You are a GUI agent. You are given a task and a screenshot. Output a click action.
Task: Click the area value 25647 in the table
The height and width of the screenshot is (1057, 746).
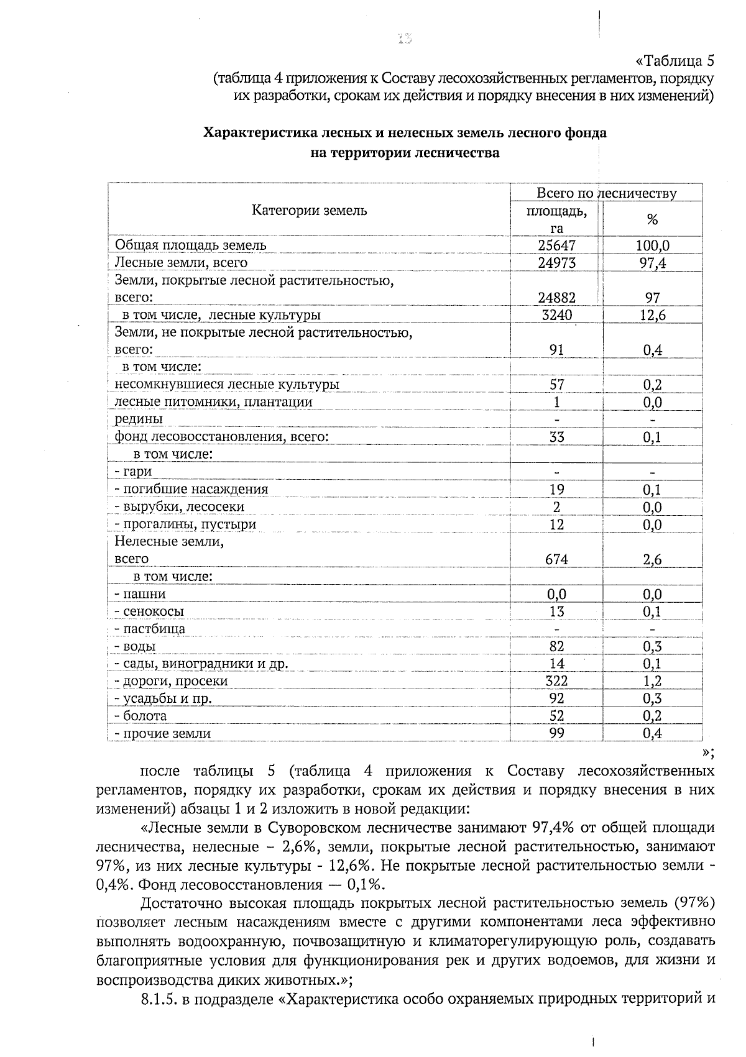[x=556, y=245]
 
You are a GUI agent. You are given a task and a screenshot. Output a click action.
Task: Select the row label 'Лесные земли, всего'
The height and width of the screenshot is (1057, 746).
[x=181, y=263]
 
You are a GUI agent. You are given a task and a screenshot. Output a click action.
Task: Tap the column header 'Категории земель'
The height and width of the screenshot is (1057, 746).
[x=309, y=211]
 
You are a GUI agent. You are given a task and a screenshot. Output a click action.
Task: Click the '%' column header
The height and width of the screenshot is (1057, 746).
[x=652, y=219]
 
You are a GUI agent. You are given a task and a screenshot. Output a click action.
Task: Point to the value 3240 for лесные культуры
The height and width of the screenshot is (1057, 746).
[x=556, y=315]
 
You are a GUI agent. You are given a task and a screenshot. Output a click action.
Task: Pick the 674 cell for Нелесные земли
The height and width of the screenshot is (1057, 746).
[x=556, y=559]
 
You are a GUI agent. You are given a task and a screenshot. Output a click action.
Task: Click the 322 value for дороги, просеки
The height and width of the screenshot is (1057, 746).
[x=556, y=681]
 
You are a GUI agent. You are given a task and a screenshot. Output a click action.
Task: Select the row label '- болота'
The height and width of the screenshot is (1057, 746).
[x=140, y=716]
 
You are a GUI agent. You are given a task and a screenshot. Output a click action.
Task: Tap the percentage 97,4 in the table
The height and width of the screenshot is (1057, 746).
[x=652, y=263]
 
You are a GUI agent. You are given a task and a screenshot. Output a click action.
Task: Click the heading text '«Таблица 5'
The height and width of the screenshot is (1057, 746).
[x=674, y=61]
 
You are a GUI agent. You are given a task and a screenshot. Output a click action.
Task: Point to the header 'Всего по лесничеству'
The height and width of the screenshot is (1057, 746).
[x=606, y=193]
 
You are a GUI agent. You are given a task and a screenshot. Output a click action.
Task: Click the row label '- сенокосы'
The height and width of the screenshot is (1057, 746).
[x=149, y=611]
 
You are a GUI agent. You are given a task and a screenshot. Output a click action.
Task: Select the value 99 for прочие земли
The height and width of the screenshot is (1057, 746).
[x=556, y=733]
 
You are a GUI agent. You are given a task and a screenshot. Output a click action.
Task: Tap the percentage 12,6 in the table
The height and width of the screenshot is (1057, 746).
[x=652, y=315]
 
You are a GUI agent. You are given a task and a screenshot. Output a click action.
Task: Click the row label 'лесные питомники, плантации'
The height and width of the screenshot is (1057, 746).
[x=213, y=402]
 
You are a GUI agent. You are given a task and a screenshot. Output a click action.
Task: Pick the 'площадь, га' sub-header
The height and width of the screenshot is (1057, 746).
[x=556, y=219]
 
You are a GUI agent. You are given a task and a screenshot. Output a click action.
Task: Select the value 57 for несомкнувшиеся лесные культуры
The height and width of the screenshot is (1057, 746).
[x=556, y=385]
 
